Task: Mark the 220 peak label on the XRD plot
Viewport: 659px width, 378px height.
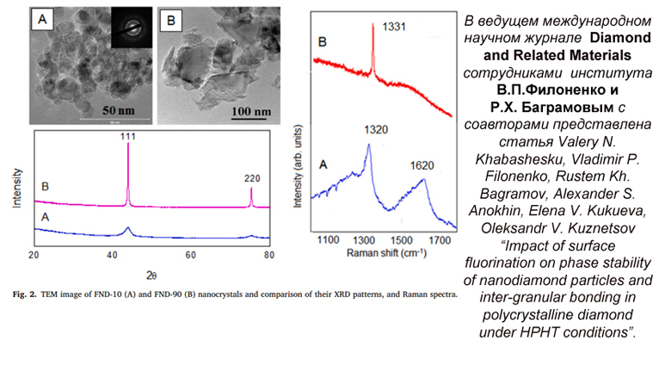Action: [251, 178]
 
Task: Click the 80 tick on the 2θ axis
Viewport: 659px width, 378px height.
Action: [269, 256]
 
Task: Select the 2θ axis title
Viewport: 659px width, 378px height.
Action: [151, 274]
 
